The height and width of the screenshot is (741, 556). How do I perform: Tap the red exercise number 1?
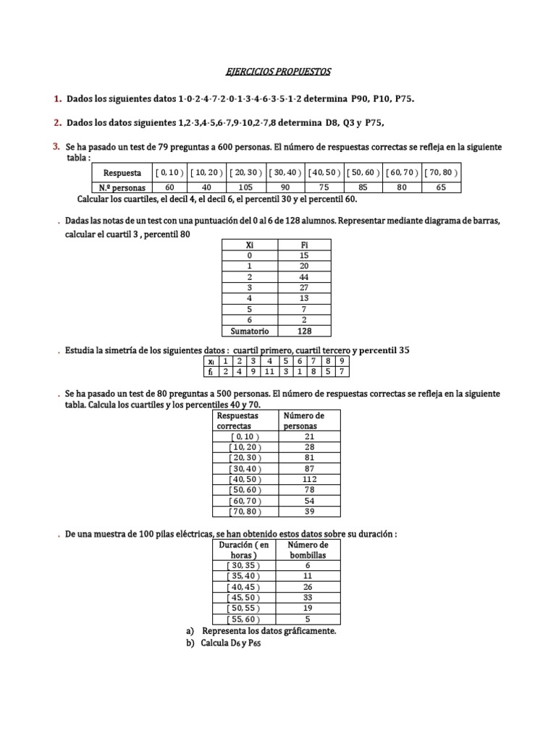pyautogui.click(x=56, y=98)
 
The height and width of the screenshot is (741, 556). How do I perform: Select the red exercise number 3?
pyautogui.click(x=56, y=147)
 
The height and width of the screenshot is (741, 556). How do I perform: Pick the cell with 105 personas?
pyautogui.click(x=247, y=187)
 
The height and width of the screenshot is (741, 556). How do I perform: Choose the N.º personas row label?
pyautogui.click(x=122, y=187)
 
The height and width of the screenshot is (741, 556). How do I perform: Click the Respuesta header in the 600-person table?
pyautogui.click(x=122, y=174)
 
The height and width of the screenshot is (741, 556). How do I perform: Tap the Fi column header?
pyautogui.click(x=304, y=245)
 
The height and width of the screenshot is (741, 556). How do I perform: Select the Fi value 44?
pyautogui.click(x=304, y=276)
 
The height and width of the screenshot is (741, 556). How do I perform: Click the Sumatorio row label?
pyautogui.click(x=250, y=331)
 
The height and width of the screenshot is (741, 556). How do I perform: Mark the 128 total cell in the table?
pyautogui.click(x=304, y=331)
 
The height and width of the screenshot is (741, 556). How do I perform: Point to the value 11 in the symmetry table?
pyautogui.click(x=269, y=371)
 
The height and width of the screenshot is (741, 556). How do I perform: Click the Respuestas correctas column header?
pyautogui.click(x=238, y=421)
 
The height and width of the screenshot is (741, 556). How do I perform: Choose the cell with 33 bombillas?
pyautogui.click(x=308, y=598)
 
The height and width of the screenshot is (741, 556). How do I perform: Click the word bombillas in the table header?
pyautogui.click(x=308, y=555)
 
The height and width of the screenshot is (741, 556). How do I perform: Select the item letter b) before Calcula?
pyautogui.click(x=190, y=644)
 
